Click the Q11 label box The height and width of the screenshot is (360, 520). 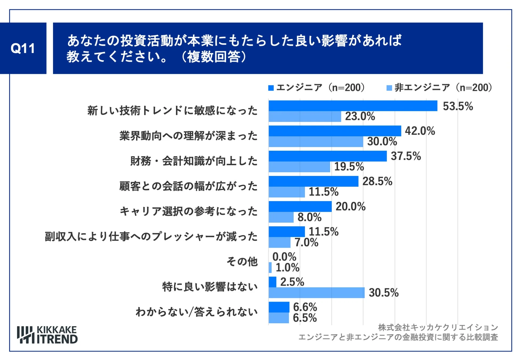click(x=23, y=48)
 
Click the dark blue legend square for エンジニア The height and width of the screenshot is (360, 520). click(x=271, y=88)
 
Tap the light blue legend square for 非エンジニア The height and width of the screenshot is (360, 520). click(x=389, y=88)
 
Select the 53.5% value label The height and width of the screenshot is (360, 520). click(x=458, y=106)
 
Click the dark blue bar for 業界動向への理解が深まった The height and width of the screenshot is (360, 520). click(x=335, y=131)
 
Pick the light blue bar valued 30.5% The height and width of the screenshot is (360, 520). click(x=317, y=293)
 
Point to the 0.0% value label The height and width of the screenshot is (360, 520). click(x=284, y=257)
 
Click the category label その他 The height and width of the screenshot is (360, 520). click(x=242, y=261)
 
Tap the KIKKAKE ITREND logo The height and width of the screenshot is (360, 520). click(x=47, y=335)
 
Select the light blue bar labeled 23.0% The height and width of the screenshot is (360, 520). click(x=305, y=117)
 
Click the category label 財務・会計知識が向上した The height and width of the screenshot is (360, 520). click(x=194, y=161)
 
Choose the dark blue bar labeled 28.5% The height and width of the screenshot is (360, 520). click(x=313, y=181)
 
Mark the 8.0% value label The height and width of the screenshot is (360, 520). click(x=309, y=217)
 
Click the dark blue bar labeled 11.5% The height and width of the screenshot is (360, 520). click(x=287, y=232)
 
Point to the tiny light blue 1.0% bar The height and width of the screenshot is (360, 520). click(x=270, y=267)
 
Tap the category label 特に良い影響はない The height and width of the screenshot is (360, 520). click(x=210, y=287)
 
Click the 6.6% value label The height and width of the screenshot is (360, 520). click(x=305, y=307)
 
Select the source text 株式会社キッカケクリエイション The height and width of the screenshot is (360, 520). click(x=438, y=327)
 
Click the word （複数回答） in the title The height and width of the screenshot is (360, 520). click(x=213, y=57)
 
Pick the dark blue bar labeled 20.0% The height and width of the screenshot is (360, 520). click(x=300, y=206)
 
